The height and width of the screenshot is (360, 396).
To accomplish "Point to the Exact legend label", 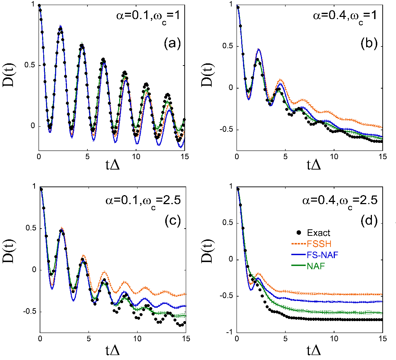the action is (x=319, y=233).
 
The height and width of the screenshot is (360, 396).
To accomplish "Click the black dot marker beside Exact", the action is (x=299, y=233).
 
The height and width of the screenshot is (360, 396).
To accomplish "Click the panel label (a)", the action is (x=173, y=43).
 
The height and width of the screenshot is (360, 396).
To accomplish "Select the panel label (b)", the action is (x=369, y=43).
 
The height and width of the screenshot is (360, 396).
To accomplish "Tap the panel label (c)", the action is (x=173, y=221).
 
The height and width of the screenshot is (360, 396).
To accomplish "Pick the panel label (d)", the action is (x=369, y=221).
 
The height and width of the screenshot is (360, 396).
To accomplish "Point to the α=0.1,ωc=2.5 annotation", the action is (x=143, y=201).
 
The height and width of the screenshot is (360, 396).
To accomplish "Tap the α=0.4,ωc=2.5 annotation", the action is (x=340, y=201).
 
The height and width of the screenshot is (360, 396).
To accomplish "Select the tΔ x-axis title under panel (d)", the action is (x=314, y=350).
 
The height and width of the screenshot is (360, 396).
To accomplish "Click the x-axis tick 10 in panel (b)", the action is (x=334, y=157).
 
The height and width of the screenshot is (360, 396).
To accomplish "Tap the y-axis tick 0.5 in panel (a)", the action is (x=30, y=65).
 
